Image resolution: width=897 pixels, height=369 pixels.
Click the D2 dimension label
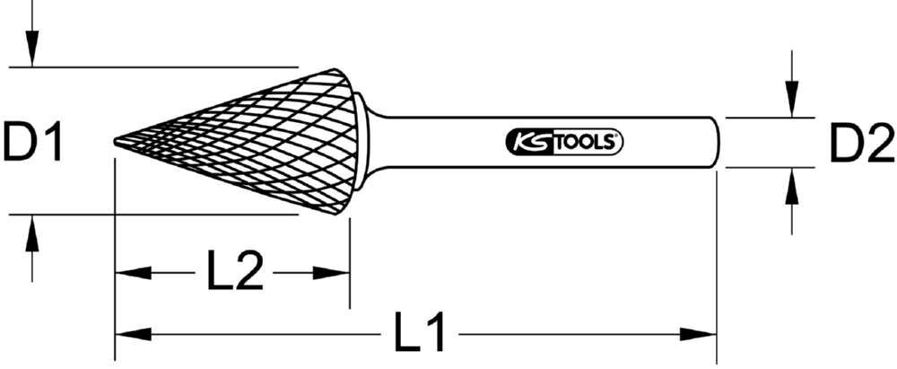tap(860, 144)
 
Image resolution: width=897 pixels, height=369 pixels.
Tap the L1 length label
tap(422, 334)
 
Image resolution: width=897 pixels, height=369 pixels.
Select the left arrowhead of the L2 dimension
tap(130, 272)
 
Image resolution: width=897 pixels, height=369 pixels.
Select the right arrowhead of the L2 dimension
tap(334, 272)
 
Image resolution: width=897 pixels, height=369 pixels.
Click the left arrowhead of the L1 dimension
tap(130, 335)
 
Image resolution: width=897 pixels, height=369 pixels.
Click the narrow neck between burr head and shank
tap(375, 142)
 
